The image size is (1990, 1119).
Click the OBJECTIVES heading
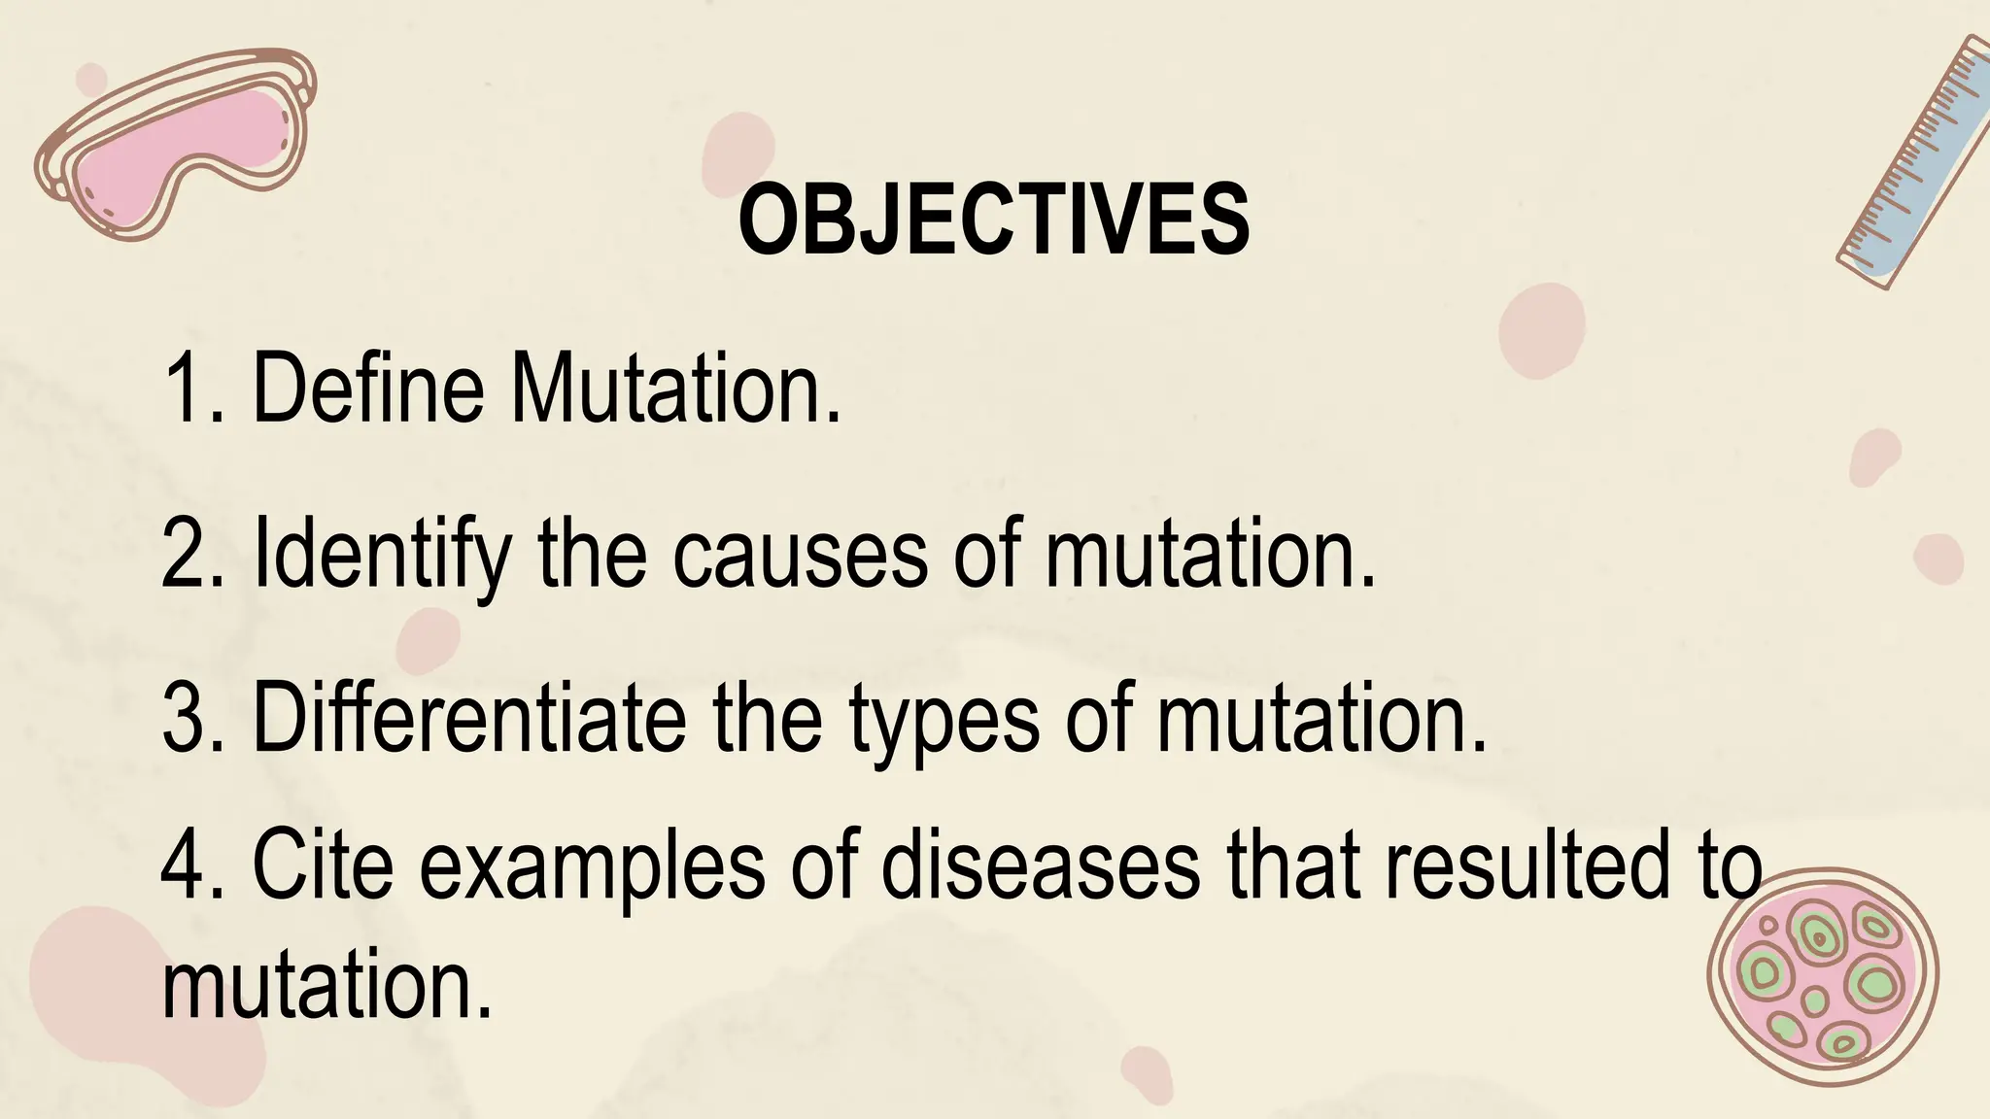994,220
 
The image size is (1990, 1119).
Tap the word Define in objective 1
367,389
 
